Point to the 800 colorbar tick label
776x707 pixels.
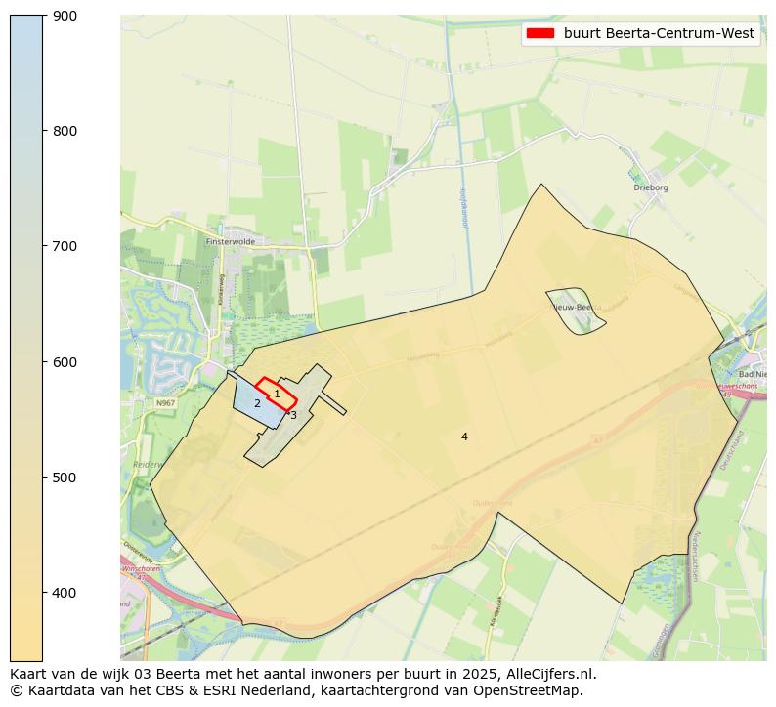coord(65,131)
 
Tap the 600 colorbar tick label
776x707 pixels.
coord(65,362)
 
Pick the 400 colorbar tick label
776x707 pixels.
coord(65,593)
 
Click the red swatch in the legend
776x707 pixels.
coord(539,33)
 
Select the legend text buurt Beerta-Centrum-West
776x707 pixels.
coord(659,33)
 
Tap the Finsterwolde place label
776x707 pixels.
coord(230,240)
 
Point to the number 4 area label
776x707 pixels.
coord(464,437)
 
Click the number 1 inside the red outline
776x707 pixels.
coord(277,394)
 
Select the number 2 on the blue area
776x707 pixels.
coord(257,403)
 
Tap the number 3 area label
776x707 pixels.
coord(293,415)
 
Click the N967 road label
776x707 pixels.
coord(165,402)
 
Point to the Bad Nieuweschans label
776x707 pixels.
coord(753,374)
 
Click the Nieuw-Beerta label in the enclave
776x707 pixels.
coord(573,307)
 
